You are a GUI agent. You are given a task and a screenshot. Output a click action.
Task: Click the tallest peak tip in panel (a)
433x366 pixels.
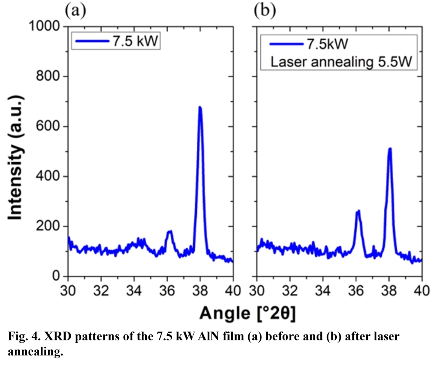point(200,107)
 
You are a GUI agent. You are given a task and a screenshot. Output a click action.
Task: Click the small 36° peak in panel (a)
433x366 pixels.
point(170,231)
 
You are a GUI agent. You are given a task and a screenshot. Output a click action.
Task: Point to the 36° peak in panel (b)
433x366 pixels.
point(358,211)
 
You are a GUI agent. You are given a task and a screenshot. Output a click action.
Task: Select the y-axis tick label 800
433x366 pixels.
point(48,76)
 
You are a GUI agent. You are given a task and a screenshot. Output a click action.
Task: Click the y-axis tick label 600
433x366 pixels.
point(48,126)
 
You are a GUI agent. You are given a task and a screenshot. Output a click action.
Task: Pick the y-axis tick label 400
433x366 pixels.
point(48,176)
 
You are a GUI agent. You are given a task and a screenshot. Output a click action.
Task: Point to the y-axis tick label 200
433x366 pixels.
point(48,226)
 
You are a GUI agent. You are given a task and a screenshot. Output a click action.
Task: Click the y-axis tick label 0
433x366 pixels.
point(56,276)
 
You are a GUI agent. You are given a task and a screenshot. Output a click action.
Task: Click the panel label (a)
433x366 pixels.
point(75,11)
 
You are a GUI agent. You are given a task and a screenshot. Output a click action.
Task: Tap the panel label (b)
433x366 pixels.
point(264,11)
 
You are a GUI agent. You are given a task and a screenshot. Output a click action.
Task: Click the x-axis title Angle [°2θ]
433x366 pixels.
point(248,313)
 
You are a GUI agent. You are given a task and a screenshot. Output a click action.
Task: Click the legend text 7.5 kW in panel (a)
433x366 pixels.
point(135,41)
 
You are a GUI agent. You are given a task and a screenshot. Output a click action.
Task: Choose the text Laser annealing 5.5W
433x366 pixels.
point(341,61)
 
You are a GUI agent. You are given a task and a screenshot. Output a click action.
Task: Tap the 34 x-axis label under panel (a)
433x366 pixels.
point(134,291)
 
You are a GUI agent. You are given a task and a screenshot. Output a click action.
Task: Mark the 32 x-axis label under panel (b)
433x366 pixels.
point(290,291)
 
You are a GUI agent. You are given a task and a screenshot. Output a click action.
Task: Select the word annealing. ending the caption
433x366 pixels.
point(35,352)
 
